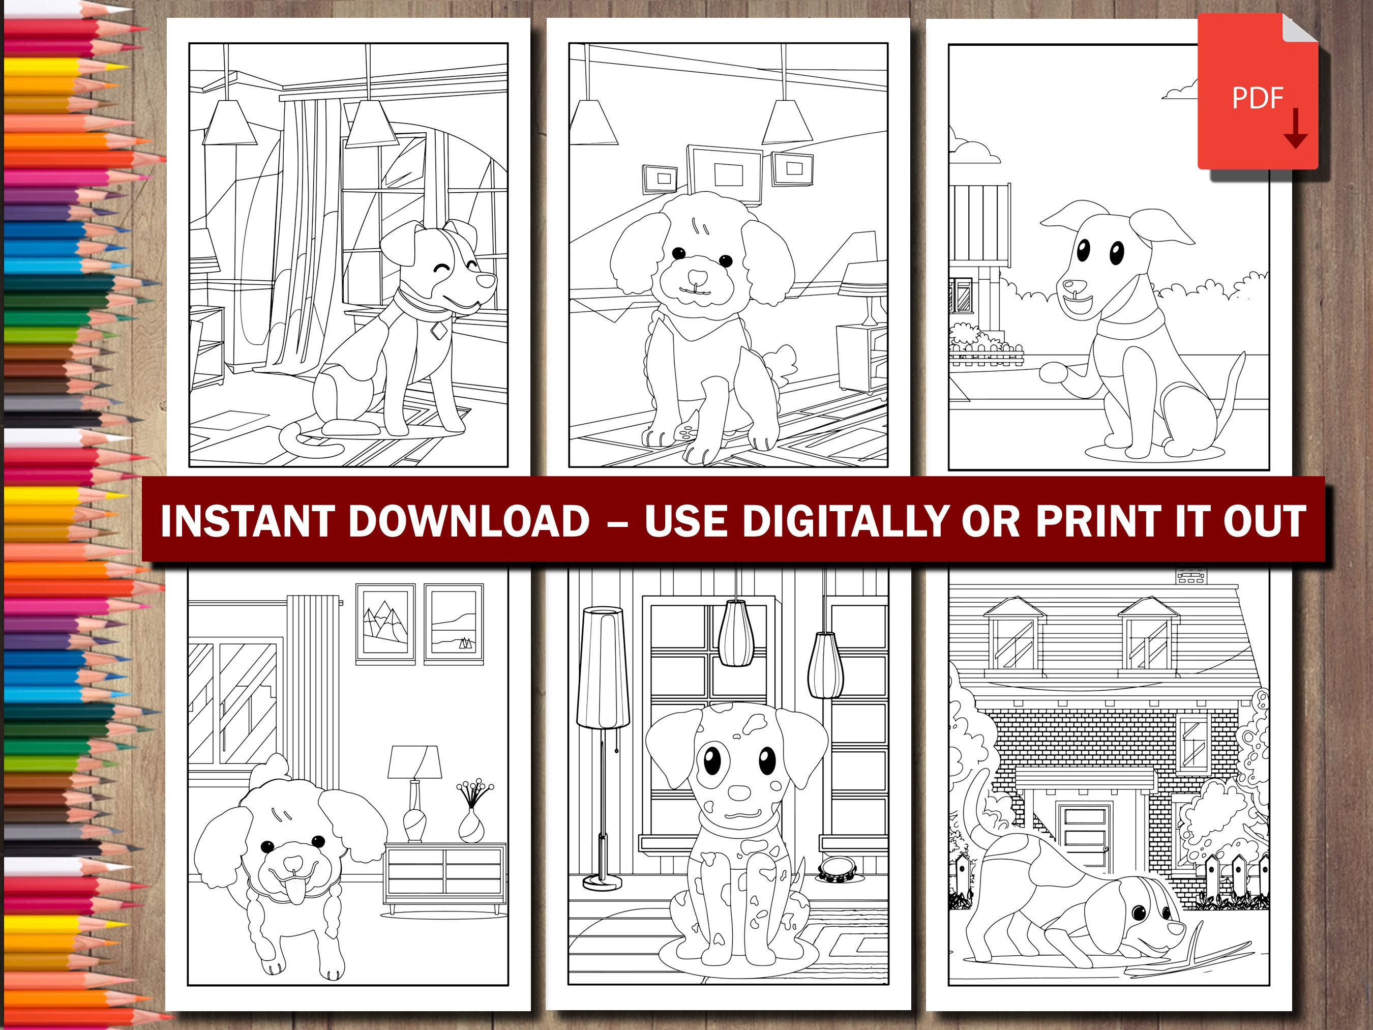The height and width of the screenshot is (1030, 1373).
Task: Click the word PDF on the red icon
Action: [1257, 98]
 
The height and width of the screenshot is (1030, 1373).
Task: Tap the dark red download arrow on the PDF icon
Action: [1295, 130]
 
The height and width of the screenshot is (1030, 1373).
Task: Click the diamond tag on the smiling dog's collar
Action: [439, 331]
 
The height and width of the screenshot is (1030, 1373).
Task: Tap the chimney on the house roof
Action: [1191, 576]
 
